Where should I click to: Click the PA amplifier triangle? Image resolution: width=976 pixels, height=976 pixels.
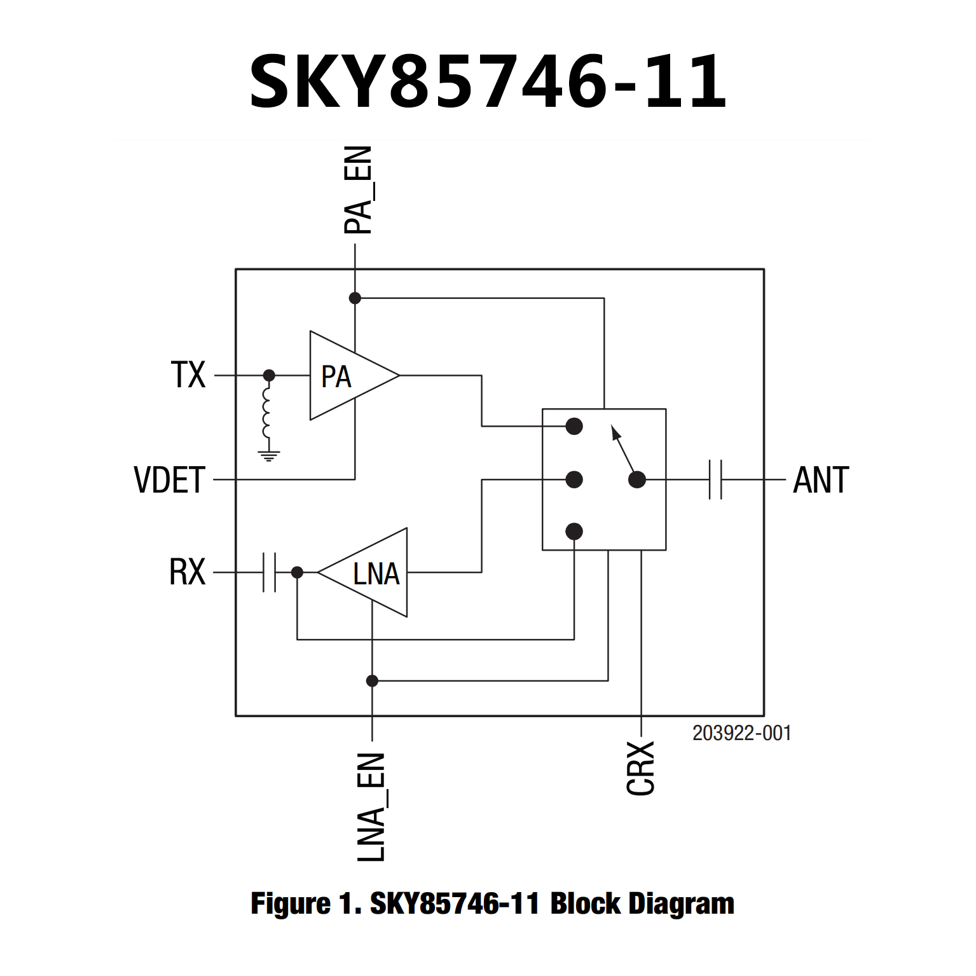click(x=347, y=376)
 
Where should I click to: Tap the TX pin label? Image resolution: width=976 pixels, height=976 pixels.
click(x=188, y=375)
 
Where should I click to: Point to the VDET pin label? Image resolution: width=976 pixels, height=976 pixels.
click(x=169, y=480)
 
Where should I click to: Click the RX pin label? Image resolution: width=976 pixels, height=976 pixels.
click(x=187, y=572)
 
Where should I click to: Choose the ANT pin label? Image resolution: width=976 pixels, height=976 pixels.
click(x=821, y=480)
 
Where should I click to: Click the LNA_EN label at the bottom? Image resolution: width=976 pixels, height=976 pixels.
click(x=371, y=808)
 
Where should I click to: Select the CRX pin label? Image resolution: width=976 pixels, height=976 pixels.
click(x=641, y=768)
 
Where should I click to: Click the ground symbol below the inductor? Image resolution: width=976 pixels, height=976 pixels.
click(x=269, y=455)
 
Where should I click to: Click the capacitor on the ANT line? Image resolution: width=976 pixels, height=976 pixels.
click(x=715, y=479)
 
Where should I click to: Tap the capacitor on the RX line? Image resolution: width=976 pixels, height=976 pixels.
click(x=269, y=572)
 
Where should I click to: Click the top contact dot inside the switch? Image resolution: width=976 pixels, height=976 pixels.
click(x=574, y=426)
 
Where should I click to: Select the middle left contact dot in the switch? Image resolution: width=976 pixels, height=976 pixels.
click(x=574, y=479)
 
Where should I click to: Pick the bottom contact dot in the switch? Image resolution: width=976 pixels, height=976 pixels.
click(x=574, y=531)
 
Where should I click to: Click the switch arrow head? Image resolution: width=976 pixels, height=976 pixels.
click(x=615, y=433)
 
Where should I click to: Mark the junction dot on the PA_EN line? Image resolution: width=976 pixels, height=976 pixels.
click(x=355, y=298)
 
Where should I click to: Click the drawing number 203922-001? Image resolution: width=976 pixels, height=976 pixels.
click(x=741, y=733)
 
